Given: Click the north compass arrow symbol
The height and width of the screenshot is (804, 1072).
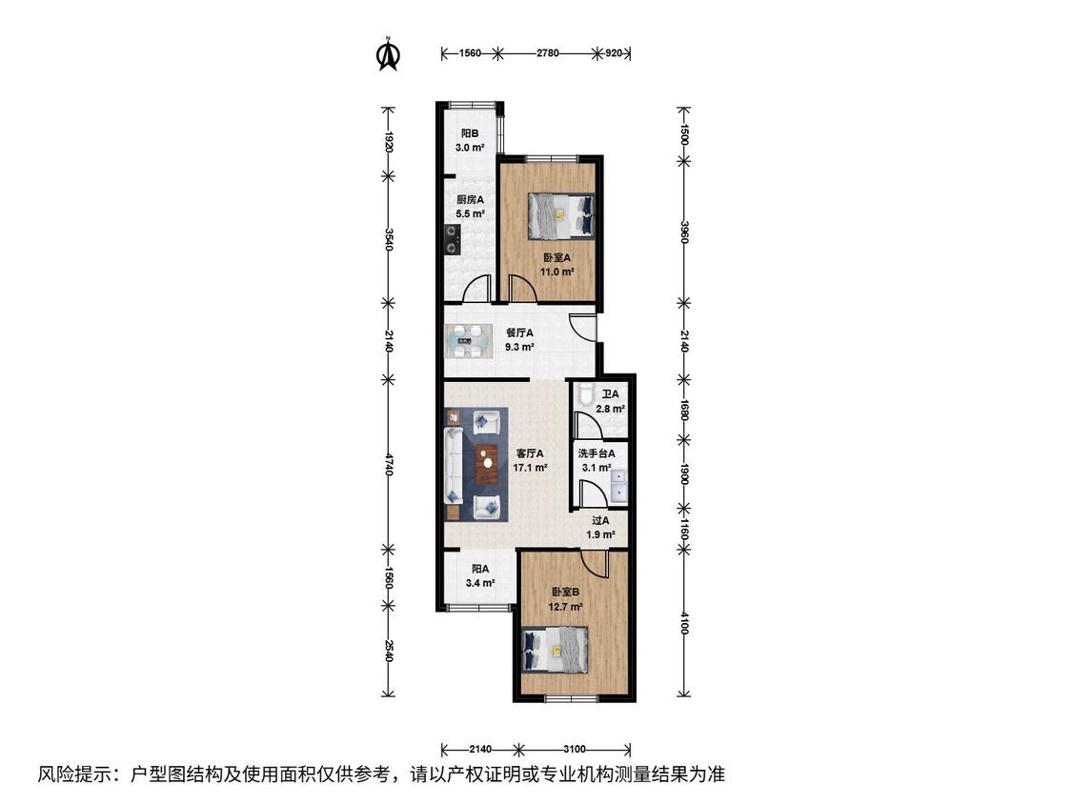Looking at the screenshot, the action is coord(389,54).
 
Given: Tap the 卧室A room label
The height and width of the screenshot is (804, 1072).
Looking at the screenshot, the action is coord(556,258).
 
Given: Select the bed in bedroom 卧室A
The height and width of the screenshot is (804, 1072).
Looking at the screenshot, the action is coord(560,216).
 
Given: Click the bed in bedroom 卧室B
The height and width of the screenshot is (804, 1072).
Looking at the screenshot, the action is coord(556,650).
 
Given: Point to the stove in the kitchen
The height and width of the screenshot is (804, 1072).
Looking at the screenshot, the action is coord(452,240).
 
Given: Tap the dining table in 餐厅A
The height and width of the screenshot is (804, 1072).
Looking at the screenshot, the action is coord(468,341).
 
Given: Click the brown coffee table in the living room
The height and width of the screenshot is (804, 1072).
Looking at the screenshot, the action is coord(487,464).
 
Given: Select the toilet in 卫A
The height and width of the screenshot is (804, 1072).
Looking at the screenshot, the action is coord(584,396).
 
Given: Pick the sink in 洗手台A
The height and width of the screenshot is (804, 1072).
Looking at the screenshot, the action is coord(620,484).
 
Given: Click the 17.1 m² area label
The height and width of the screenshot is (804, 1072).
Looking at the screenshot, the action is coord(531,469).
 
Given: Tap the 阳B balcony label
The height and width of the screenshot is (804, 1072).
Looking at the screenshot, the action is coord(469,133).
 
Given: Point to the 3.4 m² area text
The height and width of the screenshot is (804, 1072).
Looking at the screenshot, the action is coord(480,583).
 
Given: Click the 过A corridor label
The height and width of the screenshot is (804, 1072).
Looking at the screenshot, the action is coord(600,520).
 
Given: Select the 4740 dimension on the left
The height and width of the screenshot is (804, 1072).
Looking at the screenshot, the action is coord(389,464).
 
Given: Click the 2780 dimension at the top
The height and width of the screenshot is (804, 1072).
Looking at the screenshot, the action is coord(548,52).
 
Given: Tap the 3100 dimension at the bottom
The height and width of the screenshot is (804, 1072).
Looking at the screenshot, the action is coord(574,750).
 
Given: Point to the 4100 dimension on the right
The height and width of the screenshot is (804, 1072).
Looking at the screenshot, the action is coord(683,624).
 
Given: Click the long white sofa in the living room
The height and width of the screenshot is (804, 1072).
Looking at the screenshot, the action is coord(454,465).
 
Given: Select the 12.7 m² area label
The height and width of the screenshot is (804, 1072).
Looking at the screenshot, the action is coord(565,607).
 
